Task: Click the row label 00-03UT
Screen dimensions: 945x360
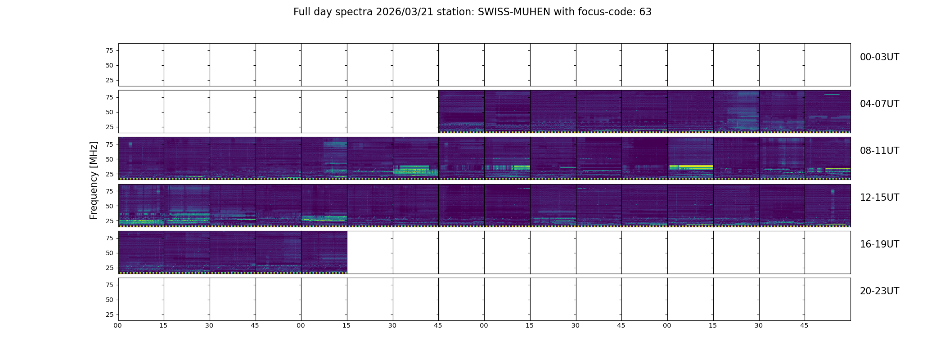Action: (x=879, y=57)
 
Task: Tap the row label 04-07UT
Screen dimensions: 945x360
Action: (x=879, y=104)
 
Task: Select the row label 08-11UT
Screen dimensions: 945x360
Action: (x=879, y=151)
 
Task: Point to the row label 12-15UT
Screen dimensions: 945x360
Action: (x=879, y=198)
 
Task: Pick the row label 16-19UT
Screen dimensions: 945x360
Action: (x=879, y=244)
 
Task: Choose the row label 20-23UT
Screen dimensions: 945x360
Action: (x=879, y=291)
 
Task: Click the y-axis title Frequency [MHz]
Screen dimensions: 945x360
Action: (x=94, y=180)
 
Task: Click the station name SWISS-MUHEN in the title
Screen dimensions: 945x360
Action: (x=514, y=12)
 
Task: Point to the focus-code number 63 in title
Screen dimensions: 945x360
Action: (x=645, y=12)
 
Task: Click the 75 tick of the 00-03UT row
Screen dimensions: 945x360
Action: (x=109, y=50)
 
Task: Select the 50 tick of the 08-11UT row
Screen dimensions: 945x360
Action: (x=109, y=159)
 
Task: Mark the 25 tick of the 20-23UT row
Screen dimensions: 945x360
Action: (x=109, y=315)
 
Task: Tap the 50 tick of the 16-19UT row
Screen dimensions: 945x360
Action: (x=109, y=253)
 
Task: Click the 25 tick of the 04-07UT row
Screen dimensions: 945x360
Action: (x=109, y=127)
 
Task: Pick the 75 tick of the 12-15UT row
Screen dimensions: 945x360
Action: (x=109, y=191)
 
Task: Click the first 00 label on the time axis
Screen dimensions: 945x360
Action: (x=117, y=325)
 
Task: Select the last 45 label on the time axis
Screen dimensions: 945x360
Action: (x=804, y=325)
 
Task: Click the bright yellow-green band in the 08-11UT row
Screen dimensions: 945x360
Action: (x=690, y=167)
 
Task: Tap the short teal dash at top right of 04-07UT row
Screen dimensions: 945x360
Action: (x=832, y=94)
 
